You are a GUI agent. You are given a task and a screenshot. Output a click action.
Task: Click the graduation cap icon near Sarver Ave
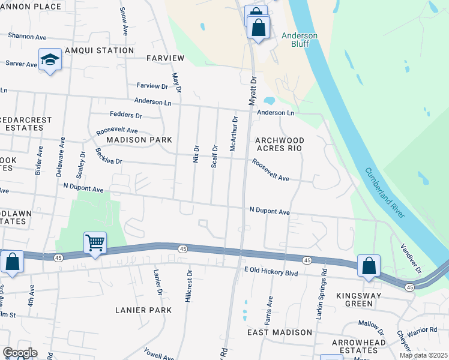coord(50,60)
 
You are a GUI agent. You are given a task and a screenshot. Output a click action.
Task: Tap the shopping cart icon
coord(95,243)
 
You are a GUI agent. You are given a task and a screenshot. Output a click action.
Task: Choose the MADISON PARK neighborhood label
coord(139,140)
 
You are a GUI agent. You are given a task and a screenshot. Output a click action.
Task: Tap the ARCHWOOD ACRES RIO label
coord(280,144)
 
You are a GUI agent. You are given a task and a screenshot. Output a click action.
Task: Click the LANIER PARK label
coord(143,310)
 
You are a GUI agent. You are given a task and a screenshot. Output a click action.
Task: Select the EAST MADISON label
coord(280,332)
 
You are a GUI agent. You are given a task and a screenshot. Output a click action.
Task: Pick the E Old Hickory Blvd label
coord(271,272)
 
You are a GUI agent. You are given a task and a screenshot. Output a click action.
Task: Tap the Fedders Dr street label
coord(126,115)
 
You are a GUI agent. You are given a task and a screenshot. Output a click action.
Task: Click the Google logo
coord(20,353)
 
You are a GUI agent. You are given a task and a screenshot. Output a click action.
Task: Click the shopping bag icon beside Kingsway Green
coord(369,266)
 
